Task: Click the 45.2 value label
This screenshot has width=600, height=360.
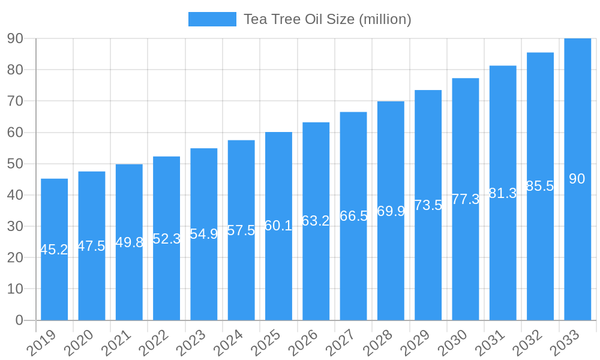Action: pos(54,250)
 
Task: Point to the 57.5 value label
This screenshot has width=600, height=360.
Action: pos(241,230)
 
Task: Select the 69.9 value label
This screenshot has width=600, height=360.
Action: pos(391,211)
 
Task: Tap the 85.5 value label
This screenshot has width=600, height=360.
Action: pos(540,186)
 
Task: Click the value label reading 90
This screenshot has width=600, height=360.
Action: pos(577,179)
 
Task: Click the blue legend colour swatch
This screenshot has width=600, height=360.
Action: pos(212,19)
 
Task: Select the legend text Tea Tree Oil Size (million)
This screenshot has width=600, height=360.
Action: pos(327,19)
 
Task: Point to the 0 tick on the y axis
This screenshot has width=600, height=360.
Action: pos(19,320)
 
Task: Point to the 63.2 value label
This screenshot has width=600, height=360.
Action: pos(316,221)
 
